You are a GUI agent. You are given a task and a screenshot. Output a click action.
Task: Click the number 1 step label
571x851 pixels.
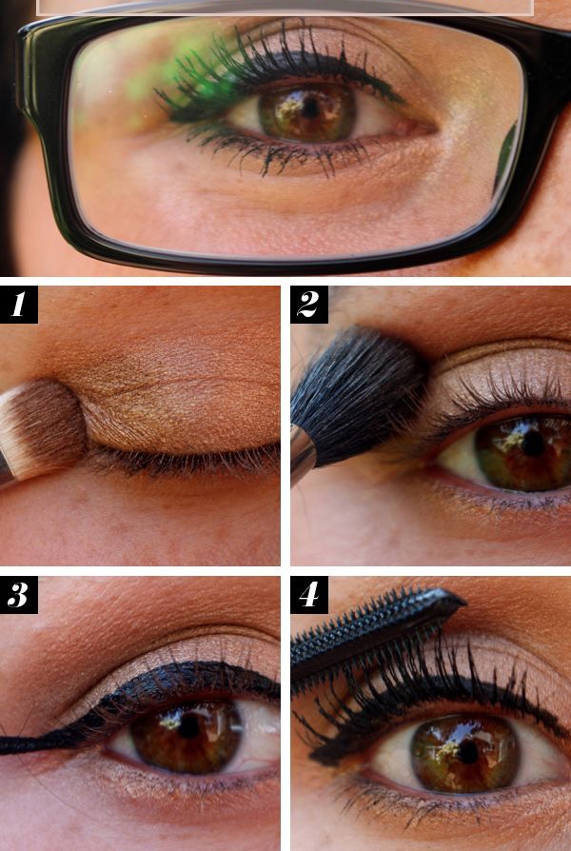18,305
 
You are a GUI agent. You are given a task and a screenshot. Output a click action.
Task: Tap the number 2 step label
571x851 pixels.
309,305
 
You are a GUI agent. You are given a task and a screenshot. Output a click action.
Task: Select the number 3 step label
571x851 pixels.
18,595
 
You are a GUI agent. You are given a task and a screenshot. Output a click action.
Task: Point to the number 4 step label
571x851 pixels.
309,595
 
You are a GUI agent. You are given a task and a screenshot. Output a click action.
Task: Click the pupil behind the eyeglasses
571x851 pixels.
310,109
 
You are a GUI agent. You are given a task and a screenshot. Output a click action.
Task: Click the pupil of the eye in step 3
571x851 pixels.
188,726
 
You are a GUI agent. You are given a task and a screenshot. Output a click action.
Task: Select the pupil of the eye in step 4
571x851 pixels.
466,751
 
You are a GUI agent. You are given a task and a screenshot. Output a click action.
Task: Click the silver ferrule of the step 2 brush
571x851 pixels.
302,453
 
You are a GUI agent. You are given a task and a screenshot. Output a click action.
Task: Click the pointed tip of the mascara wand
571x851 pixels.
464,602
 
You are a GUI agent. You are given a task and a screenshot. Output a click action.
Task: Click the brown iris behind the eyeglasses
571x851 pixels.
307,112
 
